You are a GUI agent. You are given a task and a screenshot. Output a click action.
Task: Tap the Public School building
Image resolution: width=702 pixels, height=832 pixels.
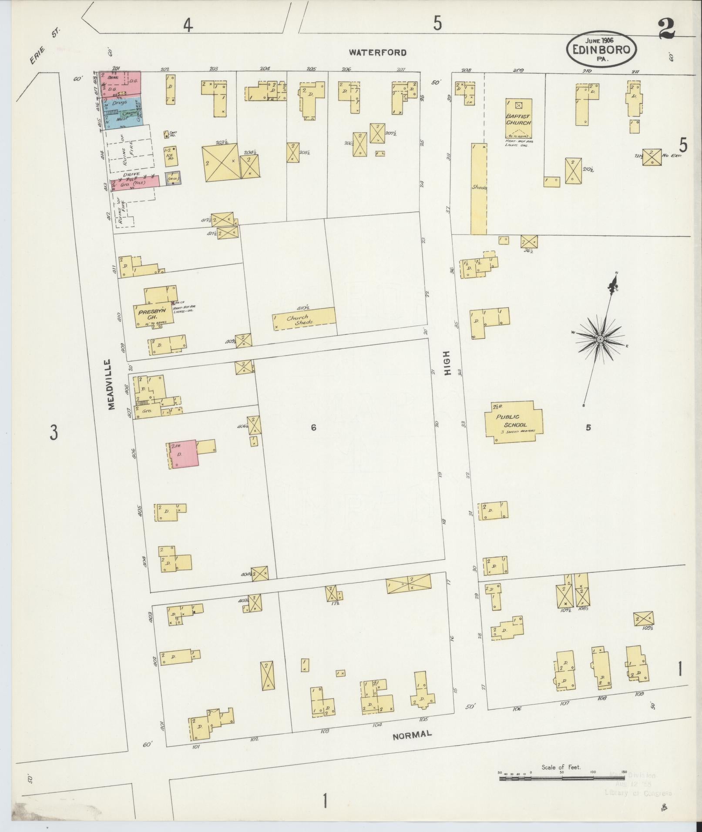click(514, 421)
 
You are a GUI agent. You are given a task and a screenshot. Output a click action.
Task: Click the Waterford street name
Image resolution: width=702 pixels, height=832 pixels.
click(378, 53)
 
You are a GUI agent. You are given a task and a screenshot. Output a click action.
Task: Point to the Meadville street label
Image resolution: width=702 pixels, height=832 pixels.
click(111, 384)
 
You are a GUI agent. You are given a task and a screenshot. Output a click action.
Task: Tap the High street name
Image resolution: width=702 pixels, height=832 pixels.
click(447, 363)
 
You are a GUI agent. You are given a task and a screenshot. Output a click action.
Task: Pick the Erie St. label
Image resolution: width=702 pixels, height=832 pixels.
click(45, 53)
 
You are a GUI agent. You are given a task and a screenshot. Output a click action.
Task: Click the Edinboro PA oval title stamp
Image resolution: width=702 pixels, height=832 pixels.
click(601, 50)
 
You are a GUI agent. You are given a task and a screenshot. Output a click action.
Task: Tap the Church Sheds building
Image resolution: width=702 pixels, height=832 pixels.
click(304, 319)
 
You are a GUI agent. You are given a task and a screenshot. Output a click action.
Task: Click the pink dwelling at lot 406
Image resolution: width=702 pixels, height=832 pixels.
click(183, 454)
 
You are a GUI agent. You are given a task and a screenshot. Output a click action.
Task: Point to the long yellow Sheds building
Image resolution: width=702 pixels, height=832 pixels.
click(479, 188)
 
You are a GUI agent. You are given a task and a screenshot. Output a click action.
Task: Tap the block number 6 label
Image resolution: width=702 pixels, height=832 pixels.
click(313, 428)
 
